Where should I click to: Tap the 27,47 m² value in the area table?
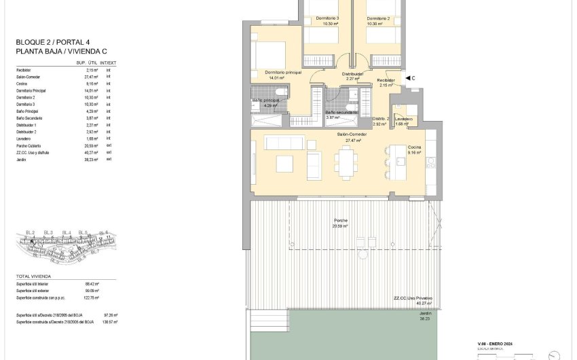pyautogui.click(x=92, y=77)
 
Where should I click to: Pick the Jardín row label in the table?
pyautogui.click(x=22, y=158)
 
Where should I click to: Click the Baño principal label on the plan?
pyautogui.click(x=265, y=101)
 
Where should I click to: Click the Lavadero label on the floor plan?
pyautogui.click(x=404, y=119)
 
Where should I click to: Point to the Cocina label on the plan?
pyautogui.click(x=415, y=147)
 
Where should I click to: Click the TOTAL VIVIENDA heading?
pyautogui.click(x=33, y=276)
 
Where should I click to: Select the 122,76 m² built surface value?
pyautogui.click(x=92, y=298)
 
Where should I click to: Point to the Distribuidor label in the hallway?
pyautogui.click(x=352, y=73)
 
